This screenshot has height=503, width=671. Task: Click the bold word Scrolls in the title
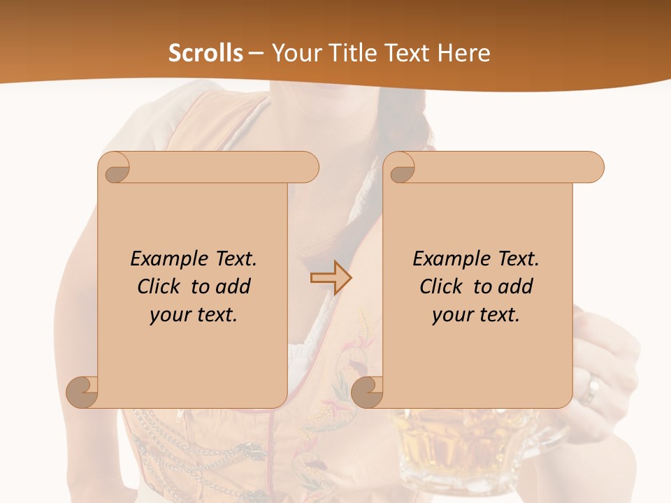pos(205,53)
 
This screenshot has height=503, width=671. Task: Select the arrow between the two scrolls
pos(331,278)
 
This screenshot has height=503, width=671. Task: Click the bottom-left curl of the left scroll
pos(82,391)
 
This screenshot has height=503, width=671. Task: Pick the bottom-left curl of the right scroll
pos(368,391)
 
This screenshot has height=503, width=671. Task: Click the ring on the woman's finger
pos(591,389)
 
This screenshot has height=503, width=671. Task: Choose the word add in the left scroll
pos(233,287)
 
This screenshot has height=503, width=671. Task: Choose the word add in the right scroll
pos(516,287)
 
